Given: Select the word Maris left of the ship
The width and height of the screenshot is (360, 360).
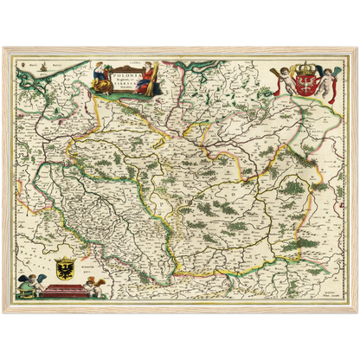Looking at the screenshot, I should point(34,66).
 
